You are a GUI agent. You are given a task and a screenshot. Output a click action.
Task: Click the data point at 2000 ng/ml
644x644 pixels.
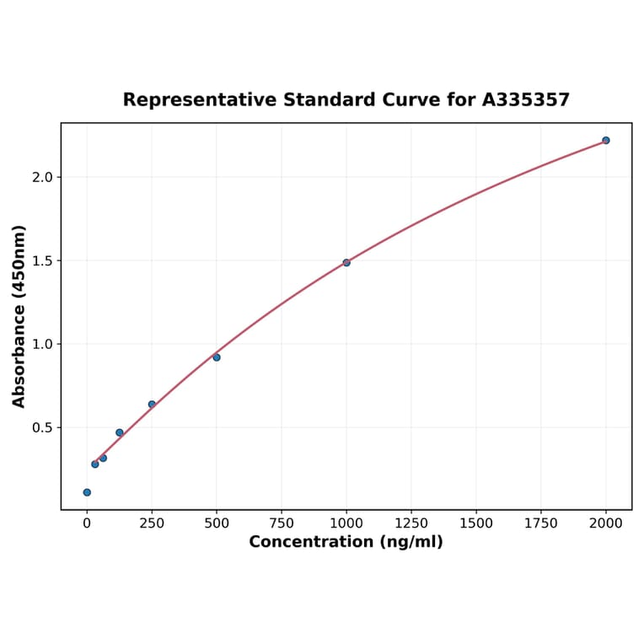point(605,140)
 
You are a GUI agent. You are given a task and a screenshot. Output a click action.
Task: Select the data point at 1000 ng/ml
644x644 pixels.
point(346,262)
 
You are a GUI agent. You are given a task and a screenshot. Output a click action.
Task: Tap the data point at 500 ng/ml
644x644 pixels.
point(217,357)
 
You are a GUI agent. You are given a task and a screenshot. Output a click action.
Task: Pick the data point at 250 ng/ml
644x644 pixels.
point(152,405)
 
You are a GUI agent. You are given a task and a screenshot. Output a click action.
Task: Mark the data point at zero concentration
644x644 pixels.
point(87,492)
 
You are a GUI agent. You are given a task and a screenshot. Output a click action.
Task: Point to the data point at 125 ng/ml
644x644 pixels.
point(120,432)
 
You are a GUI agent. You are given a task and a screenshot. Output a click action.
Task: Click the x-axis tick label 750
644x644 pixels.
point(282,523)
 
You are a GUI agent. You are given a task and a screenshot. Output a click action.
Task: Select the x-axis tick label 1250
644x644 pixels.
point(411,523)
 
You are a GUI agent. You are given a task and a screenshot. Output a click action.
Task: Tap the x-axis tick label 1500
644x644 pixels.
point(476,523)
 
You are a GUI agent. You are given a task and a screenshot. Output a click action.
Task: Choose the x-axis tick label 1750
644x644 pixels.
point(541,523)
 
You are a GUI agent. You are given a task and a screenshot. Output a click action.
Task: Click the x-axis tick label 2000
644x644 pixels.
point(606,523)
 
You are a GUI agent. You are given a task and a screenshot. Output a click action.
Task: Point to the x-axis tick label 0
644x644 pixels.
point(87,523)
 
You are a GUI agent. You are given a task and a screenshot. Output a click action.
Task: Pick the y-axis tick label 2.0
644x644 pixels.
point(43,177)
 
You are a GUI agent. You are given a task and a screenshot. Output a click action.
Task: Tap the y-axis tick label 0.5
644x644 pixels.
point(43,427)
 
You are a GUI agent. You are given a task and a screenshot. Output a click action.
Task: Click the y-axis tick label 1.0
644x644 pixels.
point(43,344)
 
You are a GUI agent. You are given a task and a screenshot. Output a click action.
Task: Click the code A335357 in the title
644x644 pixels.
point(526,100)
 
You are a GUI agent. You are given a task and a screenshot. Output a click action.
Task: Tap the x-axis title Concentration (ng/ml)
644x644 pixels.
point(346,542)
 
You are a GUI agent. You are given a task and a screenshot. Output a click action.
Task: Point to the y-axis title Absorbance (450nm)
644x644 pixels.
point(19,316)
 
